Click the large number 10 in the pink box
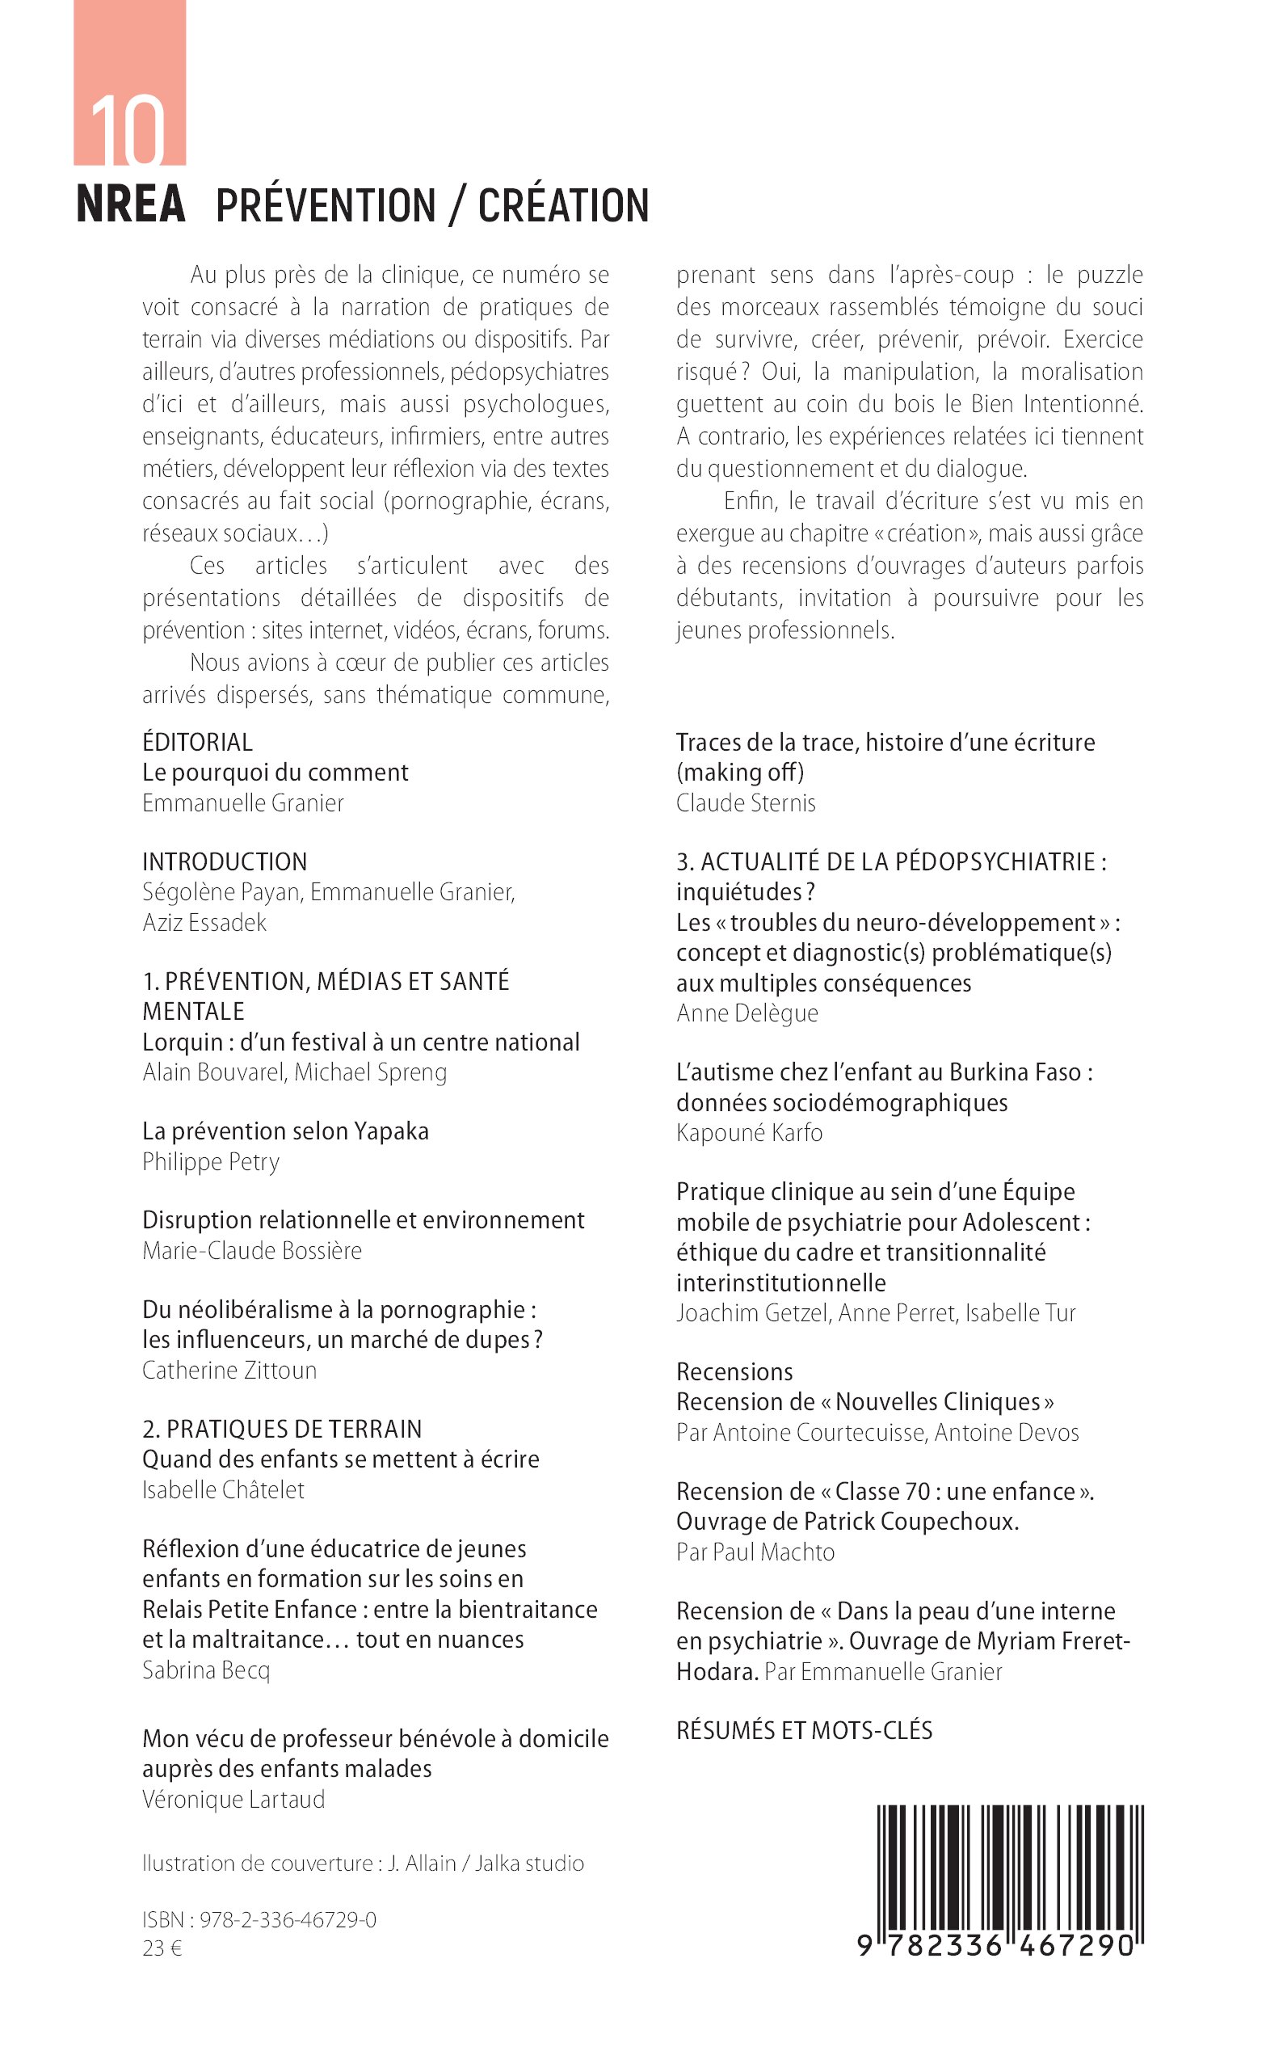(128, 129)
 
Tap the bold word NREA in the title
(131, 204)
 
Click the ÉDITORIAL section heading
(197, 743)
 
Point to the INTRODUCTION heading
(225, 861)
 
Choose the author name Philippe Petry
(211, 1161)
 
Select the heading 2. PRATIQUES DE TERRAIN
(282, 1429)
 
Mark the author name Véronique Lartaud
(234, 1799)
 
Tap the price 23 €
(162, 1948)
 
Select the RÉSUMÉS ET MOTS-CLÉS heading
(805, 1730)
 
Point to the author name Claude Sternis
(746, 802)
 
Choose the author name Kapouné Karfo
(749, 1132)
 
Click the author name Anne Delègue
(747, 1013)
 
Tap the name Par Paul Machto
(756, 1552)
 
